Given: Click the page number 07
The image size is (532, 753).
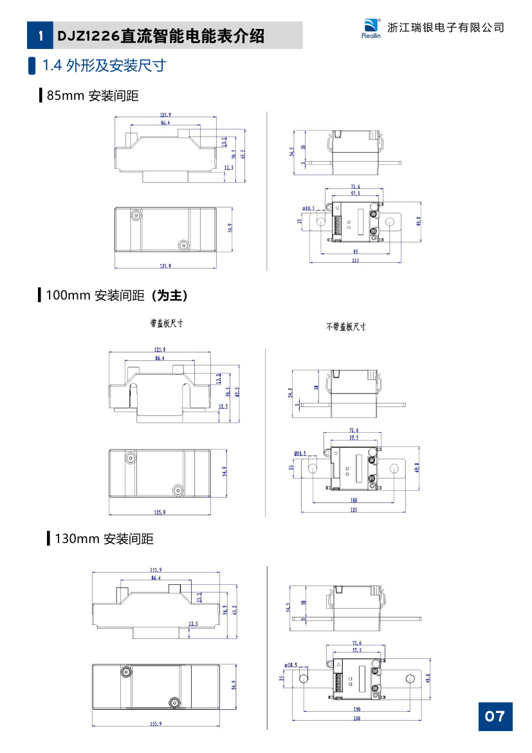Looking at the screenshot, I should click(495, 716).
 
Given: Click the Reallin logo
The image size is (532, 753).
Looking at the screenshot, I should click(372, 28).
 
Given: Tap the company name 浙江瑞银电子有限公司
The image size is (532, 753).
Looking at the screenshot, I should click(446, 27).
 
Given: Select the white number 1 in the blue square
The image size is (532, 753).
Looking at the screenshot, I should click(41, 36).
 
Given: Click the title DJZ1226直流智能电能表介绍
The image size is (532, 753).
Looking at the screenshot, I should click(161, 36).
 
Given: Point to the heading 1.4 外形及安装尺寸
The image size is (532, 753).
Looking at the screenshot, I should click(104, 65).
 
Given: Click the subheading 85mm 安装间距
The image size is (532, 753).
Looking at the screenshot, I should click(93, 96).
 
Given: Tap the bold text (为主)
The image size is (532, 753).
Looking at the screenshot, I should click(169, 296).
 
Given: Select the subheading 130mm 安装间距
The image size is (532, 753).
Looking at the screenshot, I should click(104, 539).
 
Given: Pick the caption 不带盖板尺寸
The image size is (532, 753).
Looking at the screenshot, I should click(345, 327).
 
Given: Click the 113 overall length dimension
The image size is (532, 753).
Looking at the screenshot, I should click(356, 261).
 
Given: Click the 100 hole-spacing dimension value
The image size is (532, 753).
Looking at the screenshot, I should click(354, 500).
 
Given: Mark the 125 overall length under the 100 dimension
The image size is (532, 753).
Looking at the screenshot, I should click(354, 510).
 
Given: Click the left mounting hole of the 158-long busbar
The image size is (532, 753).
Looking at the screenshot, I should click(304, 678).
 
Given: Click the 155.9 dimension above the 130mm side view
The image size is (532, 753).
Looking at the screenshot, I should click(156, 569).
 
